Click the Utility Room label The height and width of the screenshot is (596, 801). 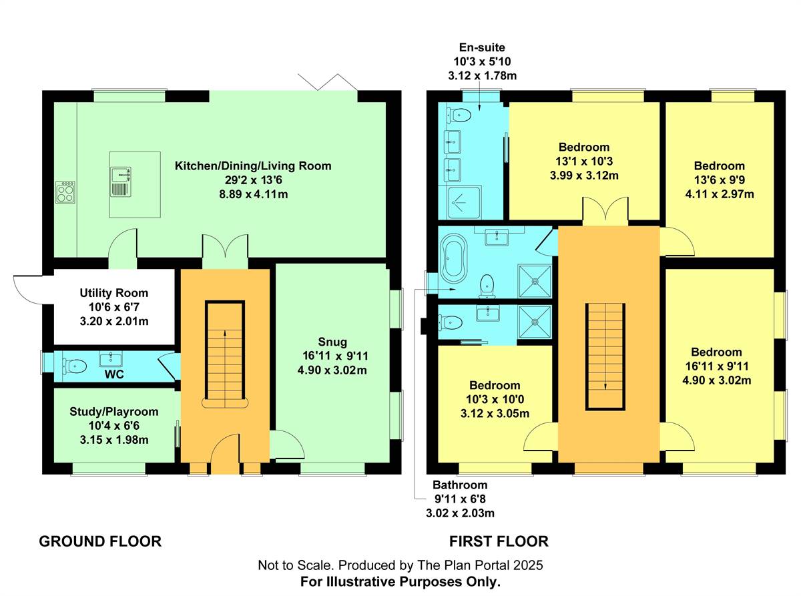pos(113,293)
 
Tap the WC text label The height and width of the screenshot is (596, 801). pos(114,374)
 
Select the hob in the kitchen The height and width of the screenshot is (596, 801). pos(65,192)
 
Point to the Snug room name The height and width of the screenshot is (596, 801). pos(332,342)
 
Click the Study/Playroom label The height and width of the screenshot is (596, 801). pos(113,411)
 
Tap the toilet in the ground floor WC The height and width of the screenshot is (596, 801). pos(75,366)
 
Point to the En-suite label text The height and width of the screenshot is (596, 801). pos(482,47)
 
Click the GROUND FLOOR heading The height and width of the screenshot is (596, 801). pos(100,542)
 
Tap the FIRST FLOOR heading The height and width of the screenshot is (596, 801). pos(499,542)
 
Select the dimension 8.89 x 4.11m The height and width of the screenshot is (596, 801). pos(254,194)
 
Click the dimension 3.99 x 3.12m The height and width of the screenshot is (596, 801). pos(584,176)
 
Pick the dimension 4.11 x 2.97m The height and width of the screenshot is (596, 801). pos(720,194)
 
